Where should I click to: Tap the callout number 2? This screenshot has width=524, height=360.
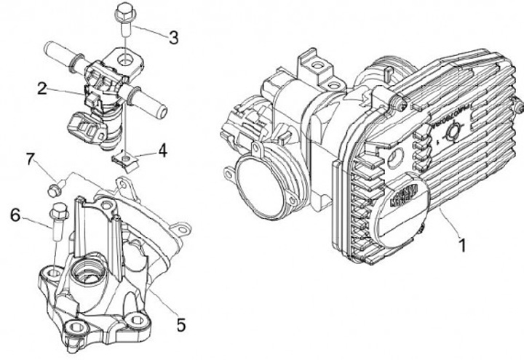(43, 89)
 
